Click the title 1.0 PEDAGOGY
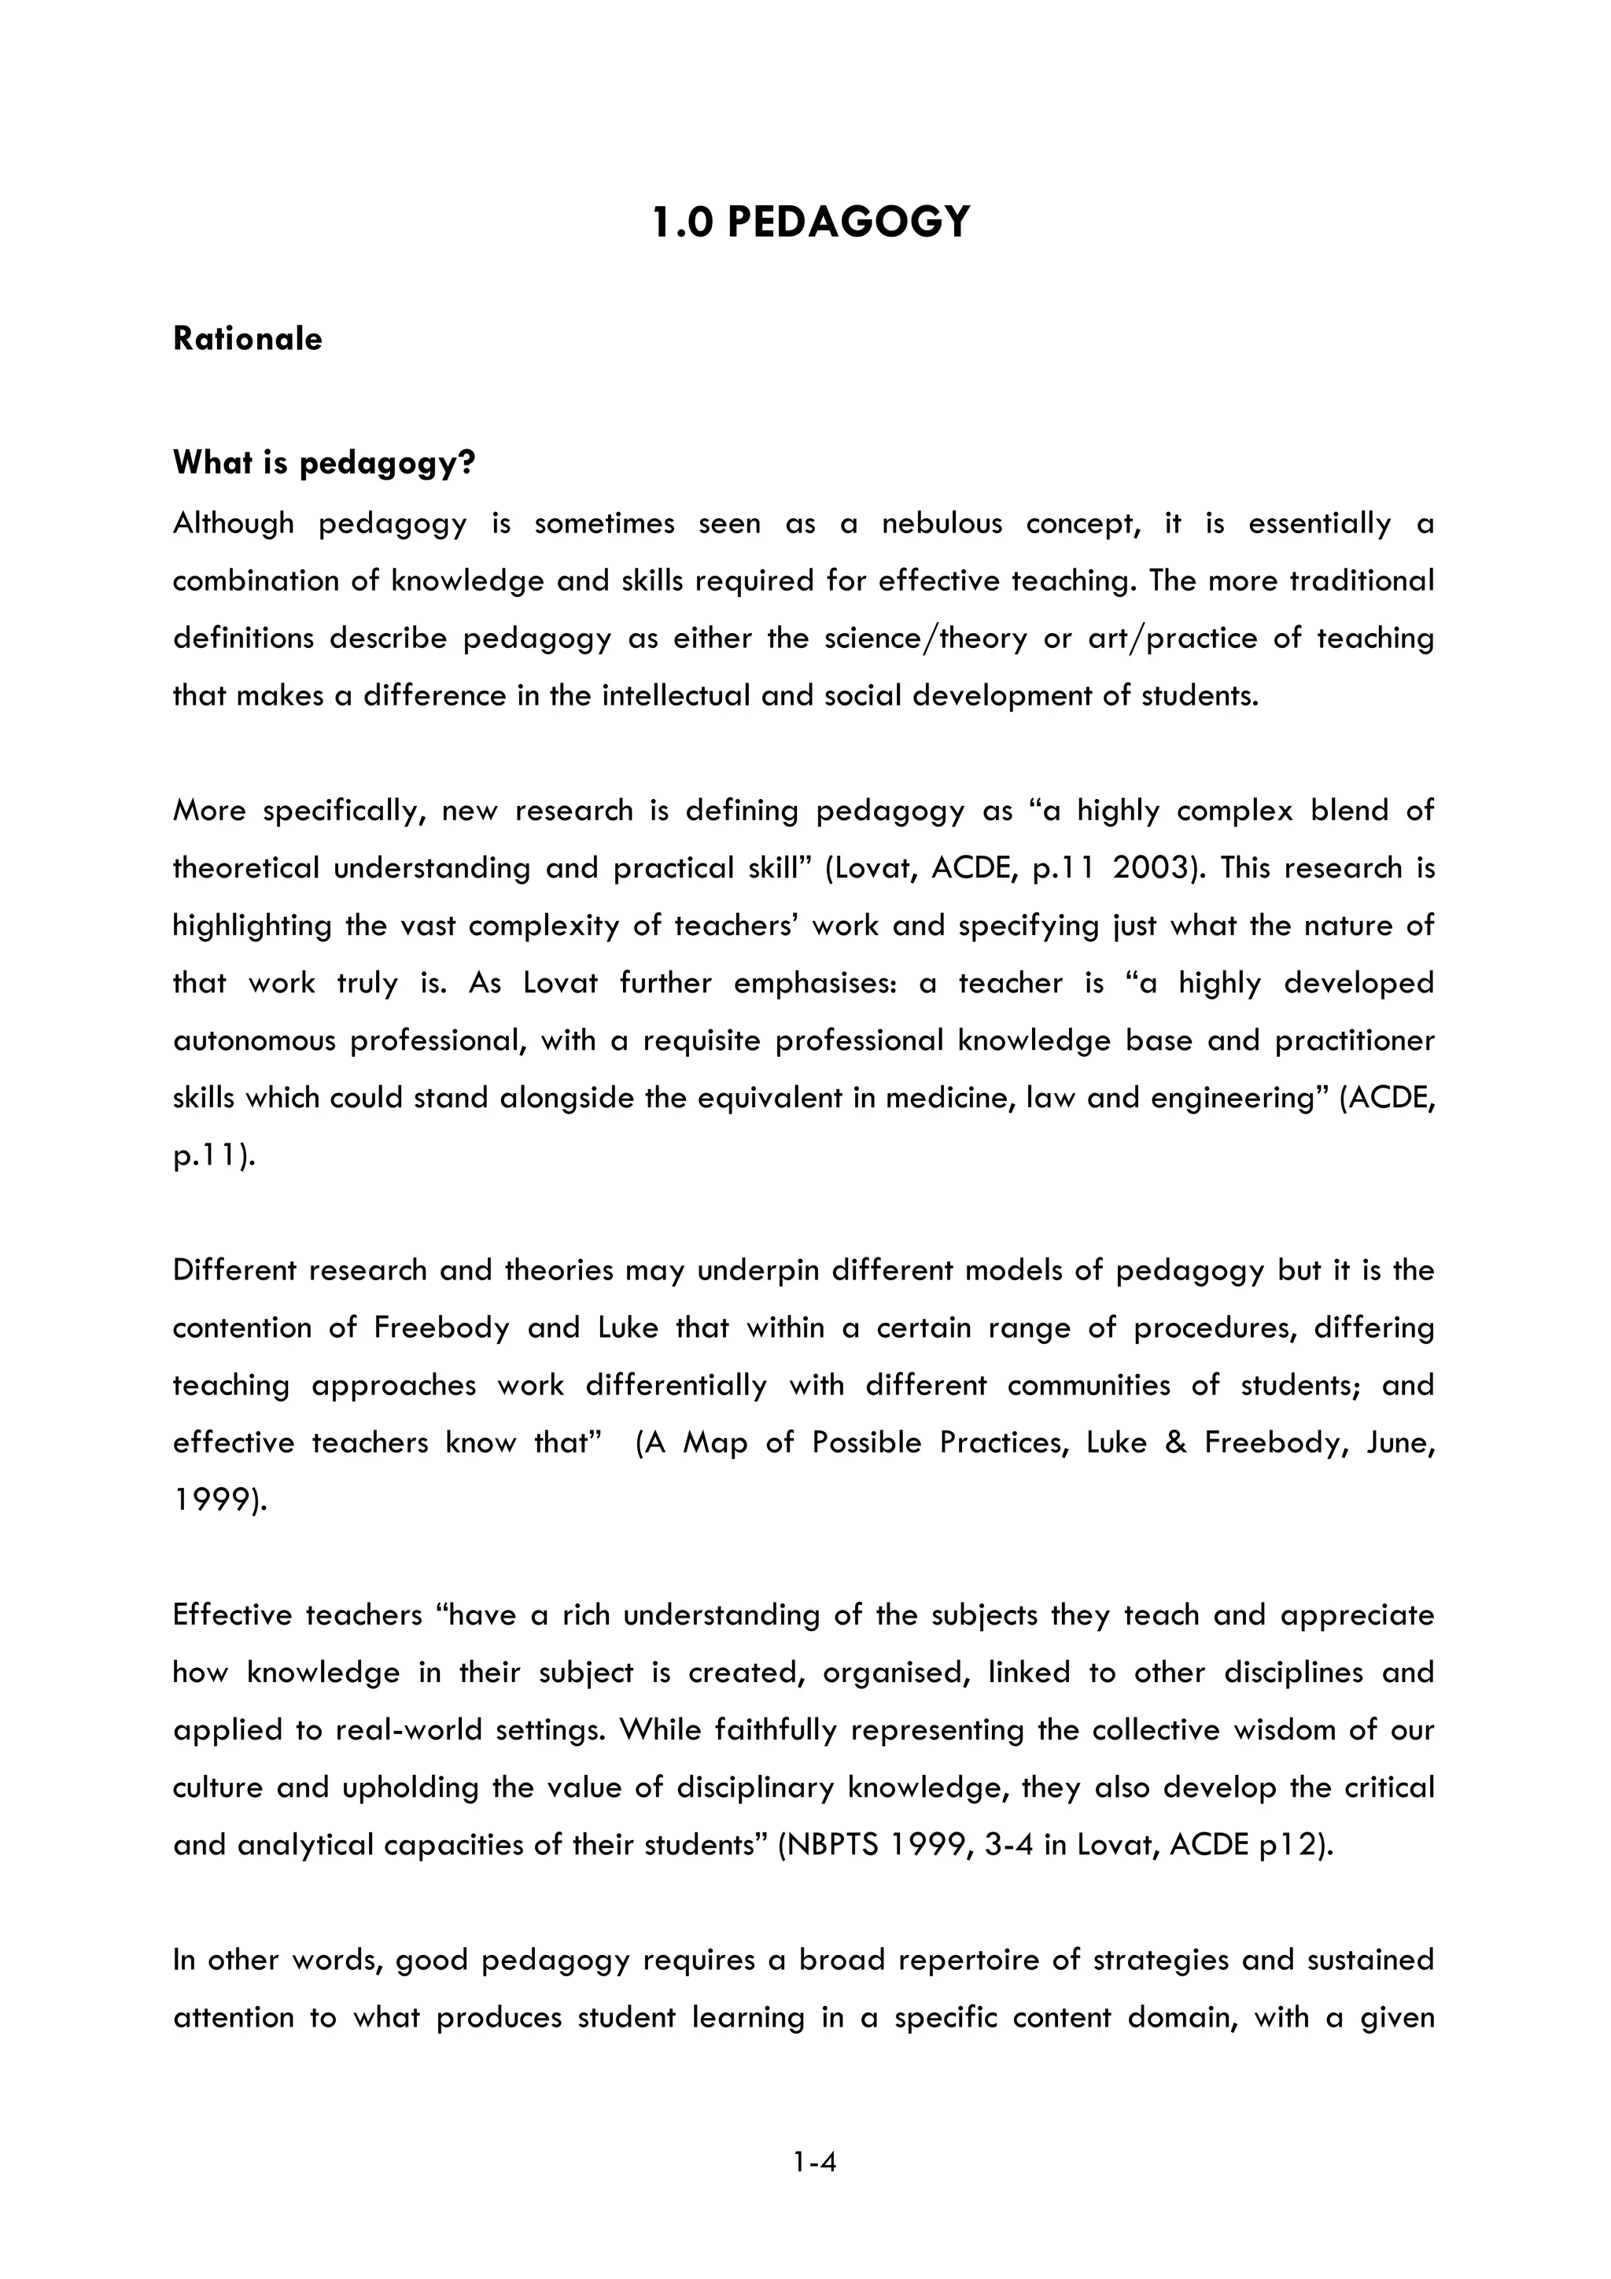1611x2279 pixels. coord(811,221)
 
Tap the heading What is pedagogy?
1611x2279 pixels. coord(323,462)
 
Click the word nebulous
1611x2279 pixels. coord(942,523)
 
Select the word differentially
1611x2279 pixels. coord(675,1386)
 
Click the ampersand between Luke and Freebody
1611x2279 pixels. coord(1175,1443)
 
